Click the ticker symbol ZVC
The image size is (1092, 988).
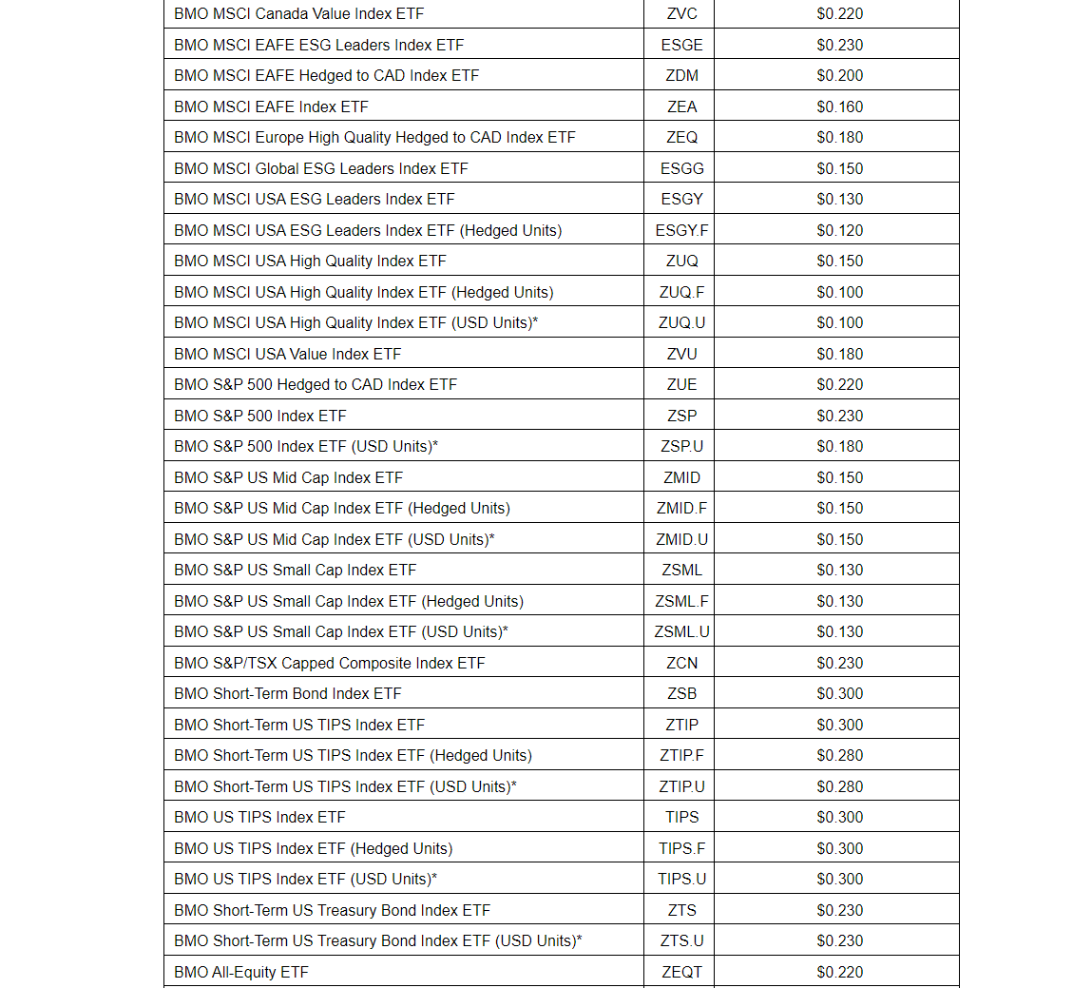click(x=681, y=14)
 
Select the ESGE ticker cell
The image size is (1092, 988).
click(x=681, y=45)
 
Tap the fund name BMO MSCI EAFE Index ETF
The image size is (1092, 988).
click(x=271, y=107)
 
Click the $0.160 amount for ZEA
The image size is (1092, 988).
click(x=839, y=107)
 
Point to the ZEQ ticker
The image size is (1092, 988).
click(x=681, y=138)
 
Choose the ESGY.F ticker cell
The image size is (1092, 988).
click(x=681, y=230)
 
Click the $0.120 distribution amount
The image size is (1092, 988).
click(x=839, y=230)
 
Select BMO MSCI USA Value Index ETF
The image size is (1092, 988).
click(x=287, y=354)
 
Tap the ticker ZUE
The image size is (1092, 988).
click(x=681, y=385)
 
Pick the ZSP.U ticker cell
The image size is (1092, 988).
click(x=681, y=447)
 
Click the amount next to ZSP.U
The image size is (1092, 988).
click(x=839, y=447)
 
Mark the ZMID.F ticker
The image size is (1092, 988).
click(x=681, y=509)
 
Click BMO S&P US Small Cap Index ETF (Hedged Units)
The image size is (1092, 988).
click(x=348, y=601)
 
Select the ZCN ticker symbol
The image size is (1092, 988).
click(x=681, y=663)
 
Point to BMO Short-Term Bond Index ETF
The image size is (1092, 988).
click(x=287, y=694)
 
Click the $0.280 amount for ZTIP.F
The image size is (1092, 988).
click(x=839, y=756)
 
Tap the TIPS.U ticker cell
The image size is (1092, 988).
click(x=681, y=880)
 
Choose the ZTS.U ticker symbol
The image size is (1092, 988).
click(x=681, y=941)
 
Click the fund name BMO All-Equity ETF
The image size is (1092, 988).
click(x=240, y=972)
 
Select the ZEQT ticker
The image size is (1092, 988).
click(x=681, y=972)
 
